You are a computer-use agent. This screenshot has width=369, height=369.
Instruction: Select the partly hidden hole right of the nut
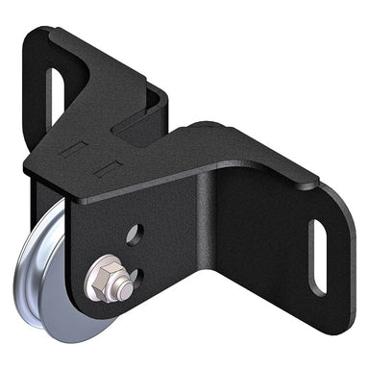coord(135,280)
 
